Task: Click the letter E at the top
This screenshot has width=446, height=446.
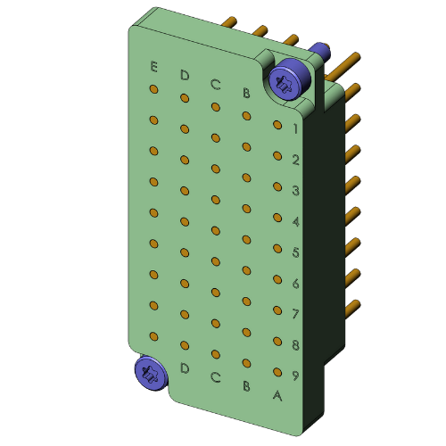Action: coord(154,67)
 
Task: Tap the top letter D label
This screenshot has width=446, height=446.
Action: coord(185,74)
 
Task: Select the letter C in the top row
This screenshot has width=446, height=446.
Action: coord(215,84)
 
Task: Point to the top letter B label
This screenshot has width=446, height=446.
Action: coord(246,93)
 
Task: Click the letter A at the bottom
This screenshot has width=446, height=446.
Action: coord(277,394)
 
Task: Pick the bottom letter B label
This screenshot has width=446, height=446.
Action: coord(246,386)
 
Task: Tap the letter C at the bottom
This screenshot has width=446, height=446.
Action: coord(215,377)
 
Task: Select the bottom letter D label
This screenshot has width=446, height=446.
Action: coord(185,368)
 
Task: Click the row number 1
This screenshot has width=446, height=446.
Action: coord(295,129)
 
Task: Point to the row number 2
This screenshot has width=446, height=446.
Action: coord(295,161)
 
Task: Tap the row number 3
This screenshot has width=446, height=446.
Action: coord(295,191)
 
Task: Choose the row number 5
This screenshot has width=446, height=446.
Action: coord(295,252)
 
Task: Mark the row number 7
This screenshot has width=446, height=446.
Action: coord(295,314)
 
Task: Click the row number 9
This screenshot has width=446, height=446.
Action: coord(295,376)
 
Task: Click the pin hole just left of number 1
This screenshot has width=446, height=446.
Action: coord(277,126)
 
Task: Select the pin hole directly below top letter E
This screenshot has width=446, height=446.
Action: coord(154,90)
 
